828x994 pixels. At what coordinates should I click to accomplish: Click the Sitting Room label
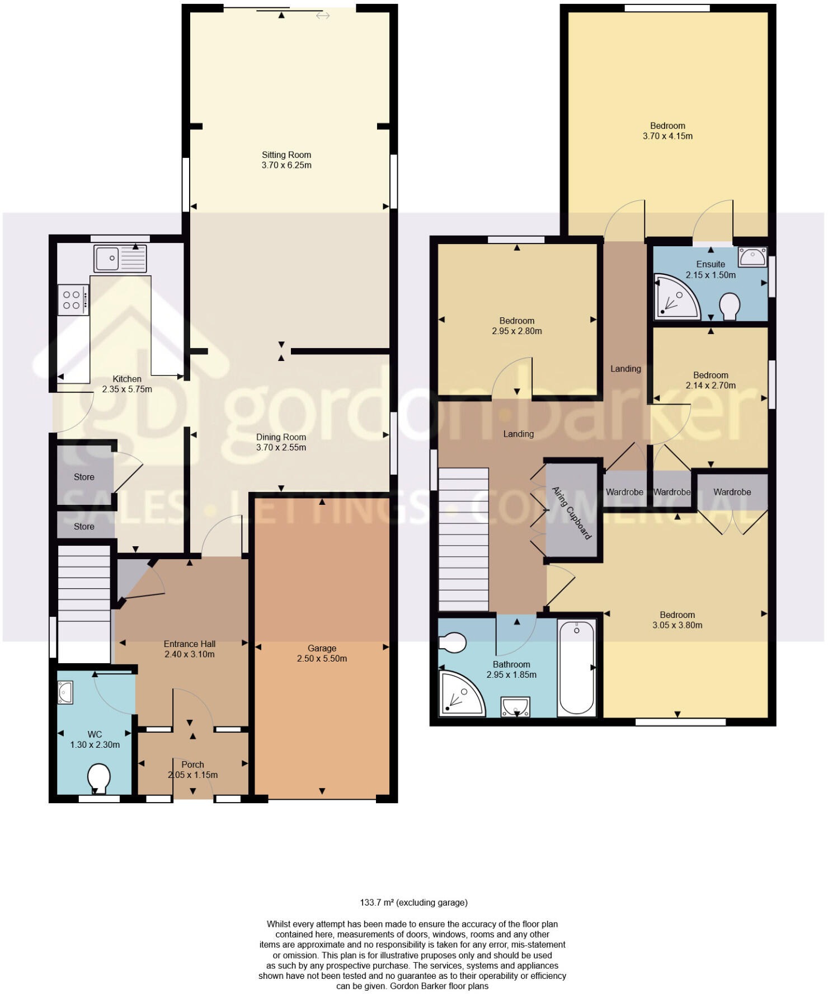[x=286, y=155]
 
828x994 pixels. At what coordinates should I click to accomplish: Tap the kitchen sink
[x=120, y=259]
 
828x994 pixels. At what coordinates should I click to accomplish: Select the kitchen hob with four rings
[x=73, y=300]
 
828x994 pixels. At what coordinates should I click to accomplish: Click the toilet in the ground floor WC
[x=99, y=778]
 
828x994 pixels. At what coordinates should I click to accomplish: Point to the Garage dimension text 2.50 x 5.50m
[x=322, y=659]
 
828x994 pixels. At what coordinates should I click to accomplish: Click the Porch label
[x=192, y=765]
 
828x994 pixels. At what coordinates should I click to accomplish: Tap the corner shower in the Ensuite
[x=675, y=297]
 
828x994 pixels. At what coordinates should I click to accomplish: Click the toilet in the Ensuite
[x=730, y=306]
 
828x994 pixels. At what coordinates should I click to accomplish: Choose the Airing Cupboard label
[x=572, y=513]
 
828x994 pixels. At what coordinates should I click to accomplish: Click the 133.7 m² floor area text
[x=413, y=902]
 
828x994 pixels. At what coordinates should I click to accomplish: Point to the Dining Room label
[x=281, y=437]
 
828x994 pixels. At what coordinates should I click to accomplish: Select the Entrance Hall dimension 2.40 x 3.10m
[x=190, y=654]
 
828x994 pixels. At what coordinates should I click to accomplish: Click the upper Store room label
[x=84, y=477]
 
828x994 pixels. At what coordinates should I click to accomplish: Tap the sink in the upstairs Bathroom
[x=515, y=707]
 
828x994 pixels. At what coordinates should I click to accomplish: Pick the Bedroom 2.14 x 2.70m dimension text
[x=711, y=386]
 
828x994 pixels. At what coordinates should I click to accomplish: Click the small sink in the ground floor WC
[x=65, y=692]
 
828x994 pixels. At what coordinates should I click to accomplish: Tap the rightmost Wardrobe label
[x=732, y=492]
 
